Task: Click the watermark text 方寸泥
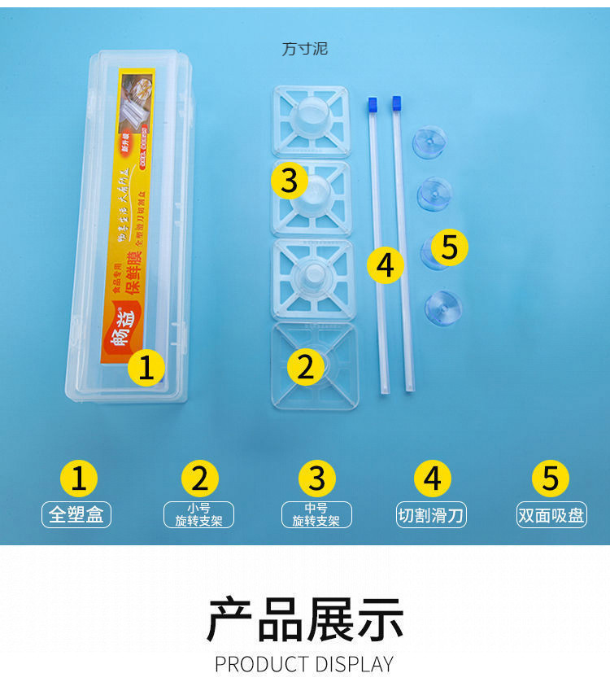305,49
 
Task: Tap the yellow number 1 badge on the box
146,368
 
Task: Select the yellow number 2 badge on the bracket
305,367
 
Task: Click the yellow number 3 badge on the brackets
290,181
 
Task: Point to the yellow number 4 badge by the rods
386,264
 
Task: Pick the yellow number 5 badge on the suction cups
450,247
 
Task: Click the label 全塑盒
76,514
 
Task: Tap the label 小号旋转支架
198,514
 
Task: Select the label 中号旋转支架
316,514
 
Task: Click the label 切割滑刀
432,514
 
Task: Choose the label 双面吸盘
551,514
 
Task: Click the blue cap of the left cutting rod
373,104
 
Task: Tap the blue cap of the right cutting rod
397,103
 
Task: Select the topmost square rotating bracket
310,120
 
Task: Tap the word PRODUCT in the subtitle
259,664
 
